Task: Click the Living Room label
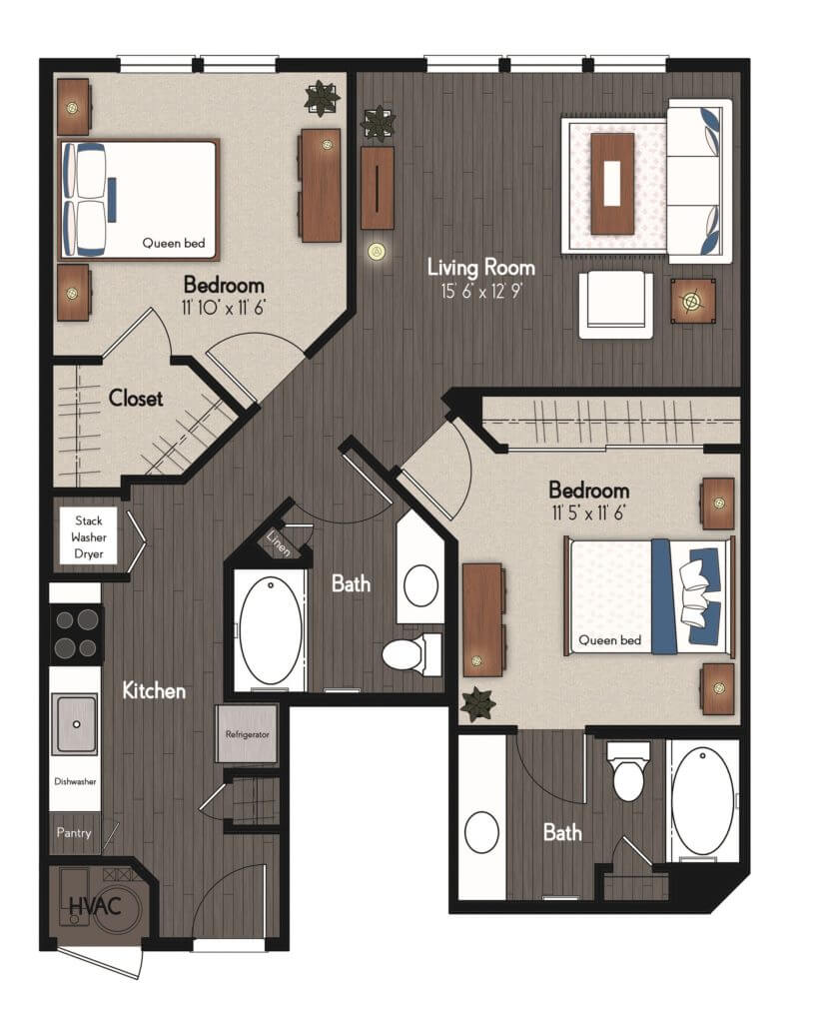(480, 268)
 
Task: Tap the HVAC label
(95, 905)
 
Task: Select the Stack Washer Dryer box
(88, 536)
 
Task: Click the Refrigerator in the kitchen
(248, 733)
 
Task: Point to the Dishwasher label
(75, 781)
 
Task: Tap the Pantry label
(74, 832)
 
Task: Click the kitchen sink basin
(76, 723)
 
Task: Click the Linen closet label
(279, 542)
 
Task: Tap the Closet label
(136, 398)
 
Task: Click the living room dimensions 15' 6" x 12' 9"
(480, 291)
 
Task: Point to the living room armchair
(616, 305)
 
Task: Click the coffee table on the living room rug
(612, 184)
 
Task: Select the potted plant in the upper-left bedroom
(322, 97)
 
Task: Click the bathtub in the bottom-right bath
(703, 802)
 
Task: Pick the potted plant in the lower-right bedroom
(478, 704)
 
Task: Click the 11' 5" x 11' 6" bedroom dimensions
(588, 512)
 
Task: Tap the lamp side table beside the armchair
(693, 301)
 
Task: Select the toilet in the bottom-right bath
(628, 772)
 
